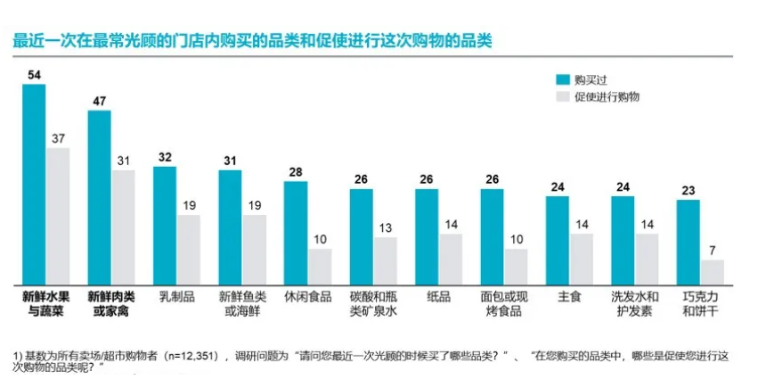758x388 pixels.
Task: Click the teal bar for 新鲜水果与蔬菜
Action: (34, 184)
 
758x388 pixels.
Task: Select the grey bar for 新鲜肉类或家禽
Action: (122, 227)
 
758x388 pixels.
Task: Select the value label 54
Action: (34, 74)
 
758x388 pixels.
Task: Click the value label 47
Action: (99, 101)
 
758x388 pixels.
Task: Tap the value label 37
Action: (58, 138)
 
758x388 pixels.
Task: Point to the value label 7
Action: (713, 251)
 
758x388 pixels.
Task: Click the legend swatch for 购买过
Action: (562, 78)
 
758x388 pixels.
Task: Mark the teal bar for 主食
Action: (557, 240)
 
